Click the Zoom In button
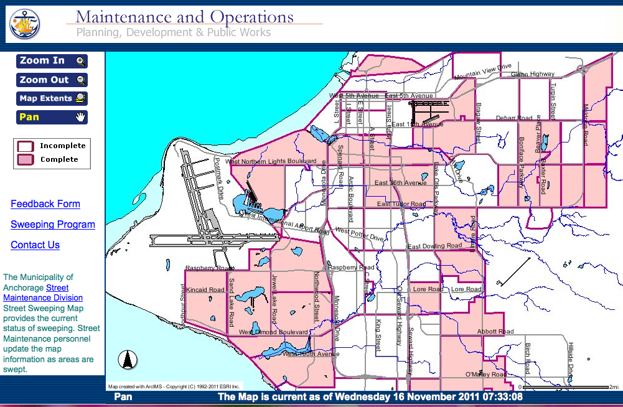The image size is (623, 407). click(x=52, y=61)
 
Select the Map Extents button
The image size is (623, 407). click(x=52, y=98)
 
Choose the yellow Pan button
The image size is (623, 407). click(x=52, y=117)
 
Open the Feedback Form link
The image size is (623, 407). click(x=45, y=204)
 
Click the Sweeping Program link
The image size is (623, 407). click(x=53, y=225)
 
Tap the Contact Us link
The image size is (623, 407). click(x=35, y=245)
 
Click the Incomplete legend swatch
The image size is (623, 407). click(x=26, y=146)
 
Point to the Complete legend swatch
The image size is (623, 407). click(x=26, y=160)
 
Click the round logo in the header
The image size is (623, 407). click(x=25, y=24)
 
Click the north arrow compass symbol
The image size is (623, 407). click(x=128, y=360)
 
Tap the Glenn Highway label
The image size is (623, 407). click(x=532, y=75)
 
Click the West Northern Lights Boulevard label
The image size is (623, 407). click(x=271, y=162)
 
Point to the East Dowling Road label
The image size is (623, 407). click(x=434, y=246)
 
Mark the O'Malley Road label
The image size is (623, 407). click(x=485, y=375)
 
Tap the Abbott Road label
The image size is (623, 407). click(x=495, y=332)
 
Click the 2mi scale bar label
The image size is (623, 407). click(x=613, y=387)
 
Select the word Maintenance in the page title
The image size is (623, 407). click(x=126, y=17)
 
